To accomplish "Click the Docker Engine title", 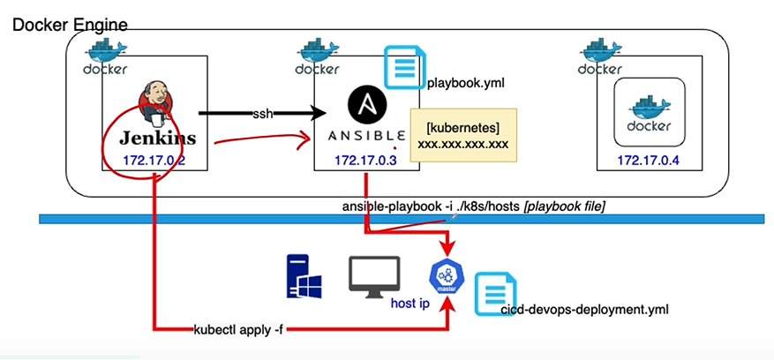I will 70,24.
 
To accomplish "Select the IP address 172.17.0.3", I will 366,161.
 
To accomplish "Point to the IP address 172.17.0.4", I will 649,161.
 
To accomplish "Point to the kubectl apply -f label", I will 240,330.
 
